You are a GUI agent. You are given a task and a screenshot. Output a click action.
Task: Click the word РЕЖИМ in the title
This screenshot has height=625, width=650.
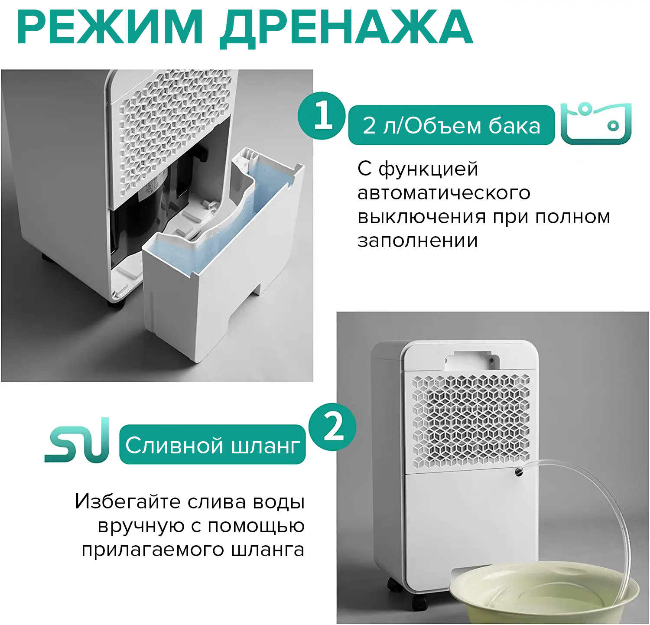[110, 27]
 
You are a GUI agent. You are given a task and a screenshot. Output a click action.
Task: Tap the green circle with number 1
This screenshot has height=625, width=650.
[322, 116]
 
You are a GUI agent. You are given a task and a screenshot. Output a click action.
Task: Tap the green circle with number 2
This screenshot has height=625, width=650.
[332, 427]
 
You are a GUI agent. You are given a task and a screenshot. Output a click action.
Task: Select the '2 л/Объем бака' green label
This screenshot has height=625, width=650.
[452, 125]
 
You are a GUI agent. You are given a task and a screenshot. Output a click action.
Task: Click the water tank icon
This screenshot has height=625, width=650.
[596, 123]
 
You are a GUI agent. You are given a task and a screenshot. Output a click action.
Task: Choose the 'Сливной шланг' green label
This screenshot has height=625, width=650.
[212, 445]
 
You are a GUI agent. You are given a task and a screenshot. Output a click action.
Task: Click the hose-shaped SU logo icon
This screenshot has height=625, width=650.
[77, 440]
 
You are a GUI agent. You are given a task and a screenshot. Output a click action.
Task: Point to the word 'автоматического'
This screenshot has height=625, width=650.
[444, 193]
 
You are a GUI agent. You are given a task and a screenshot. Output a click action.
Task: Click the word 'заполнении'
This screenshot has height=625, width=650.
[418, 241]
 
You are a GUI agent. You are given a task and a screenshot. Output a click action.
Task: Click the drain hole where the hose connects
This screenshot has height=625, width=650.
[519, 471]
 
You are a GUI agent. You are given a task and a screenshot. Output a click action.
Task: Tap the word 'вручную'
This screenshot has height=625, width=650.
[141, 526]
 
